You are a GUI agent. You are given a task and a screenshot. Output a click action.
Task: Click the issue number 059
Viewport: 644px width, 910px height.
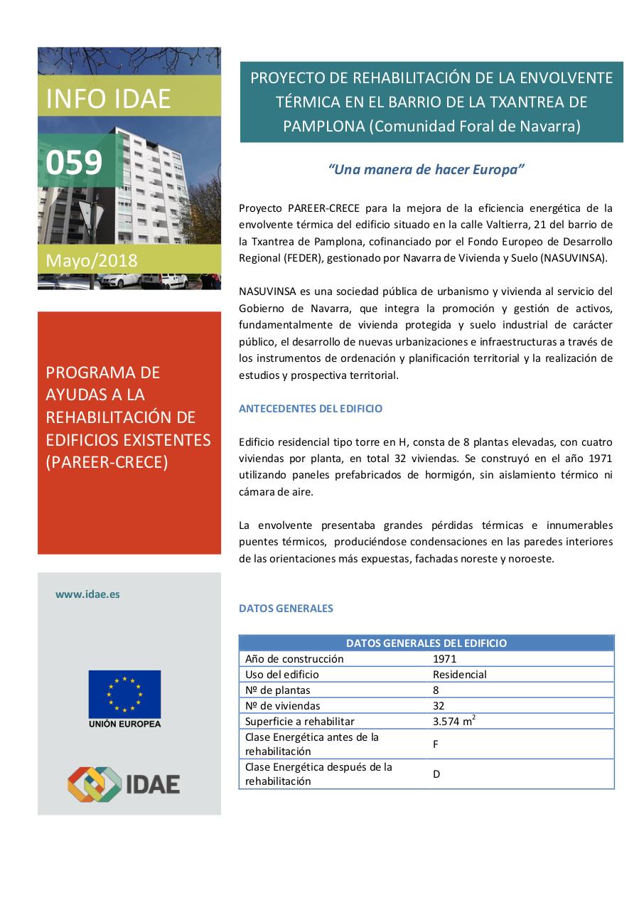(x=74, y=162)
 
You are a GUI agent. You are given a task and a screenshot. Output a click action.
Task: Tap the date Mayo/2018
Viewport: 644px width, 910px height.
(x=92, y=260)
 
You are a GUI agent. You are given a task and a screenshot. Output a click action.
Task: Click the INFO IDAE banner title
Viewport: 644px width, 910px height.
(x=108, y=99)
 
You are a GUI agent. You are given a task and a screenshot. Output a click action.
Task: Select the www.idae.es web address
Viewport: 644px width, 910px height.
(x=87, y=594)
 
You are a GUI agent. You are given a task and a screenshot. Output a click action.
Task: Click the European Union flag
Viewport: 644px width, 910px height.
(x=124, y=694)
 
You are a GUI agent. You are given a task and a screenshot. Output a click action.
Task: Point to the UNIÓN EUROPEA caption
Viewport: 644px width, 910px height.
(x=124, y=724)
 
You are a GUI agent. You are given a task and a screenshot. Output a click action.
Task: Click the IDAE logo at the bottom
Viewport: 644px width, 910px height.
(x=124, y=783)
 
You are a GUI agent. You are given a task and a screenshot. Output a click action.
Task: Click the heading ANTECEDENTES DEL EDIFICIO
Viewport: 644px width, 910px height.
(x=311, y=409)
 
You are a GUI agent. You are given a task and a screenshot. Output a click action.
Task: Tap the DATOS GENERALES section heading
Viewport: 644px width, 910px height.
(x=286, y=609)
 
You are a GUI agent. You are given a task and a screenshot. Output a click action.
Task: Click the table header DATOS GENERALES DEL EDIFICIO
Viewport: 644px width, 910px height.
(x=426, y=643)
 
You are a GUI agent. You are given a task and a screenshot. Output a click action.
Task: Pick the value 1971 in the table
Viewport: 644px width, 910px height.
(x=444, y=659)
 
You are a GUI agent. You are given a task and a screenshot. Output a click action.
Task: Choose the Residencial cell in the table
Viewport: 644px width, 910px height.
(x=459, y=675)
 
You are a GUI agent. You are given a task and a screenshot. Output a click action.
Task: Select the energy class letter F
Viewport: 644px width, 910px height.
(x=436, y=744)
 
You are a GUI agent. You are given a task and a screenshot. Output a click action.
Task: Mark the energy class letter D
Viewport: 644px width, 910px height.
(x=436, y=774)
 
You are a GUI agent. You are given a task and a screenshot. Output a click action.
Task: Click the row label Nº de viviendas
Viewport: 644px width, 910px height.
(x=282, y=706)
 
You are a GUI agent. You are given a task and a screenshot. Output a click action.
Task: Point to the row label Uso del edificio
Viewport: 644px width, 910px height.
(x=282, y=675)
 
